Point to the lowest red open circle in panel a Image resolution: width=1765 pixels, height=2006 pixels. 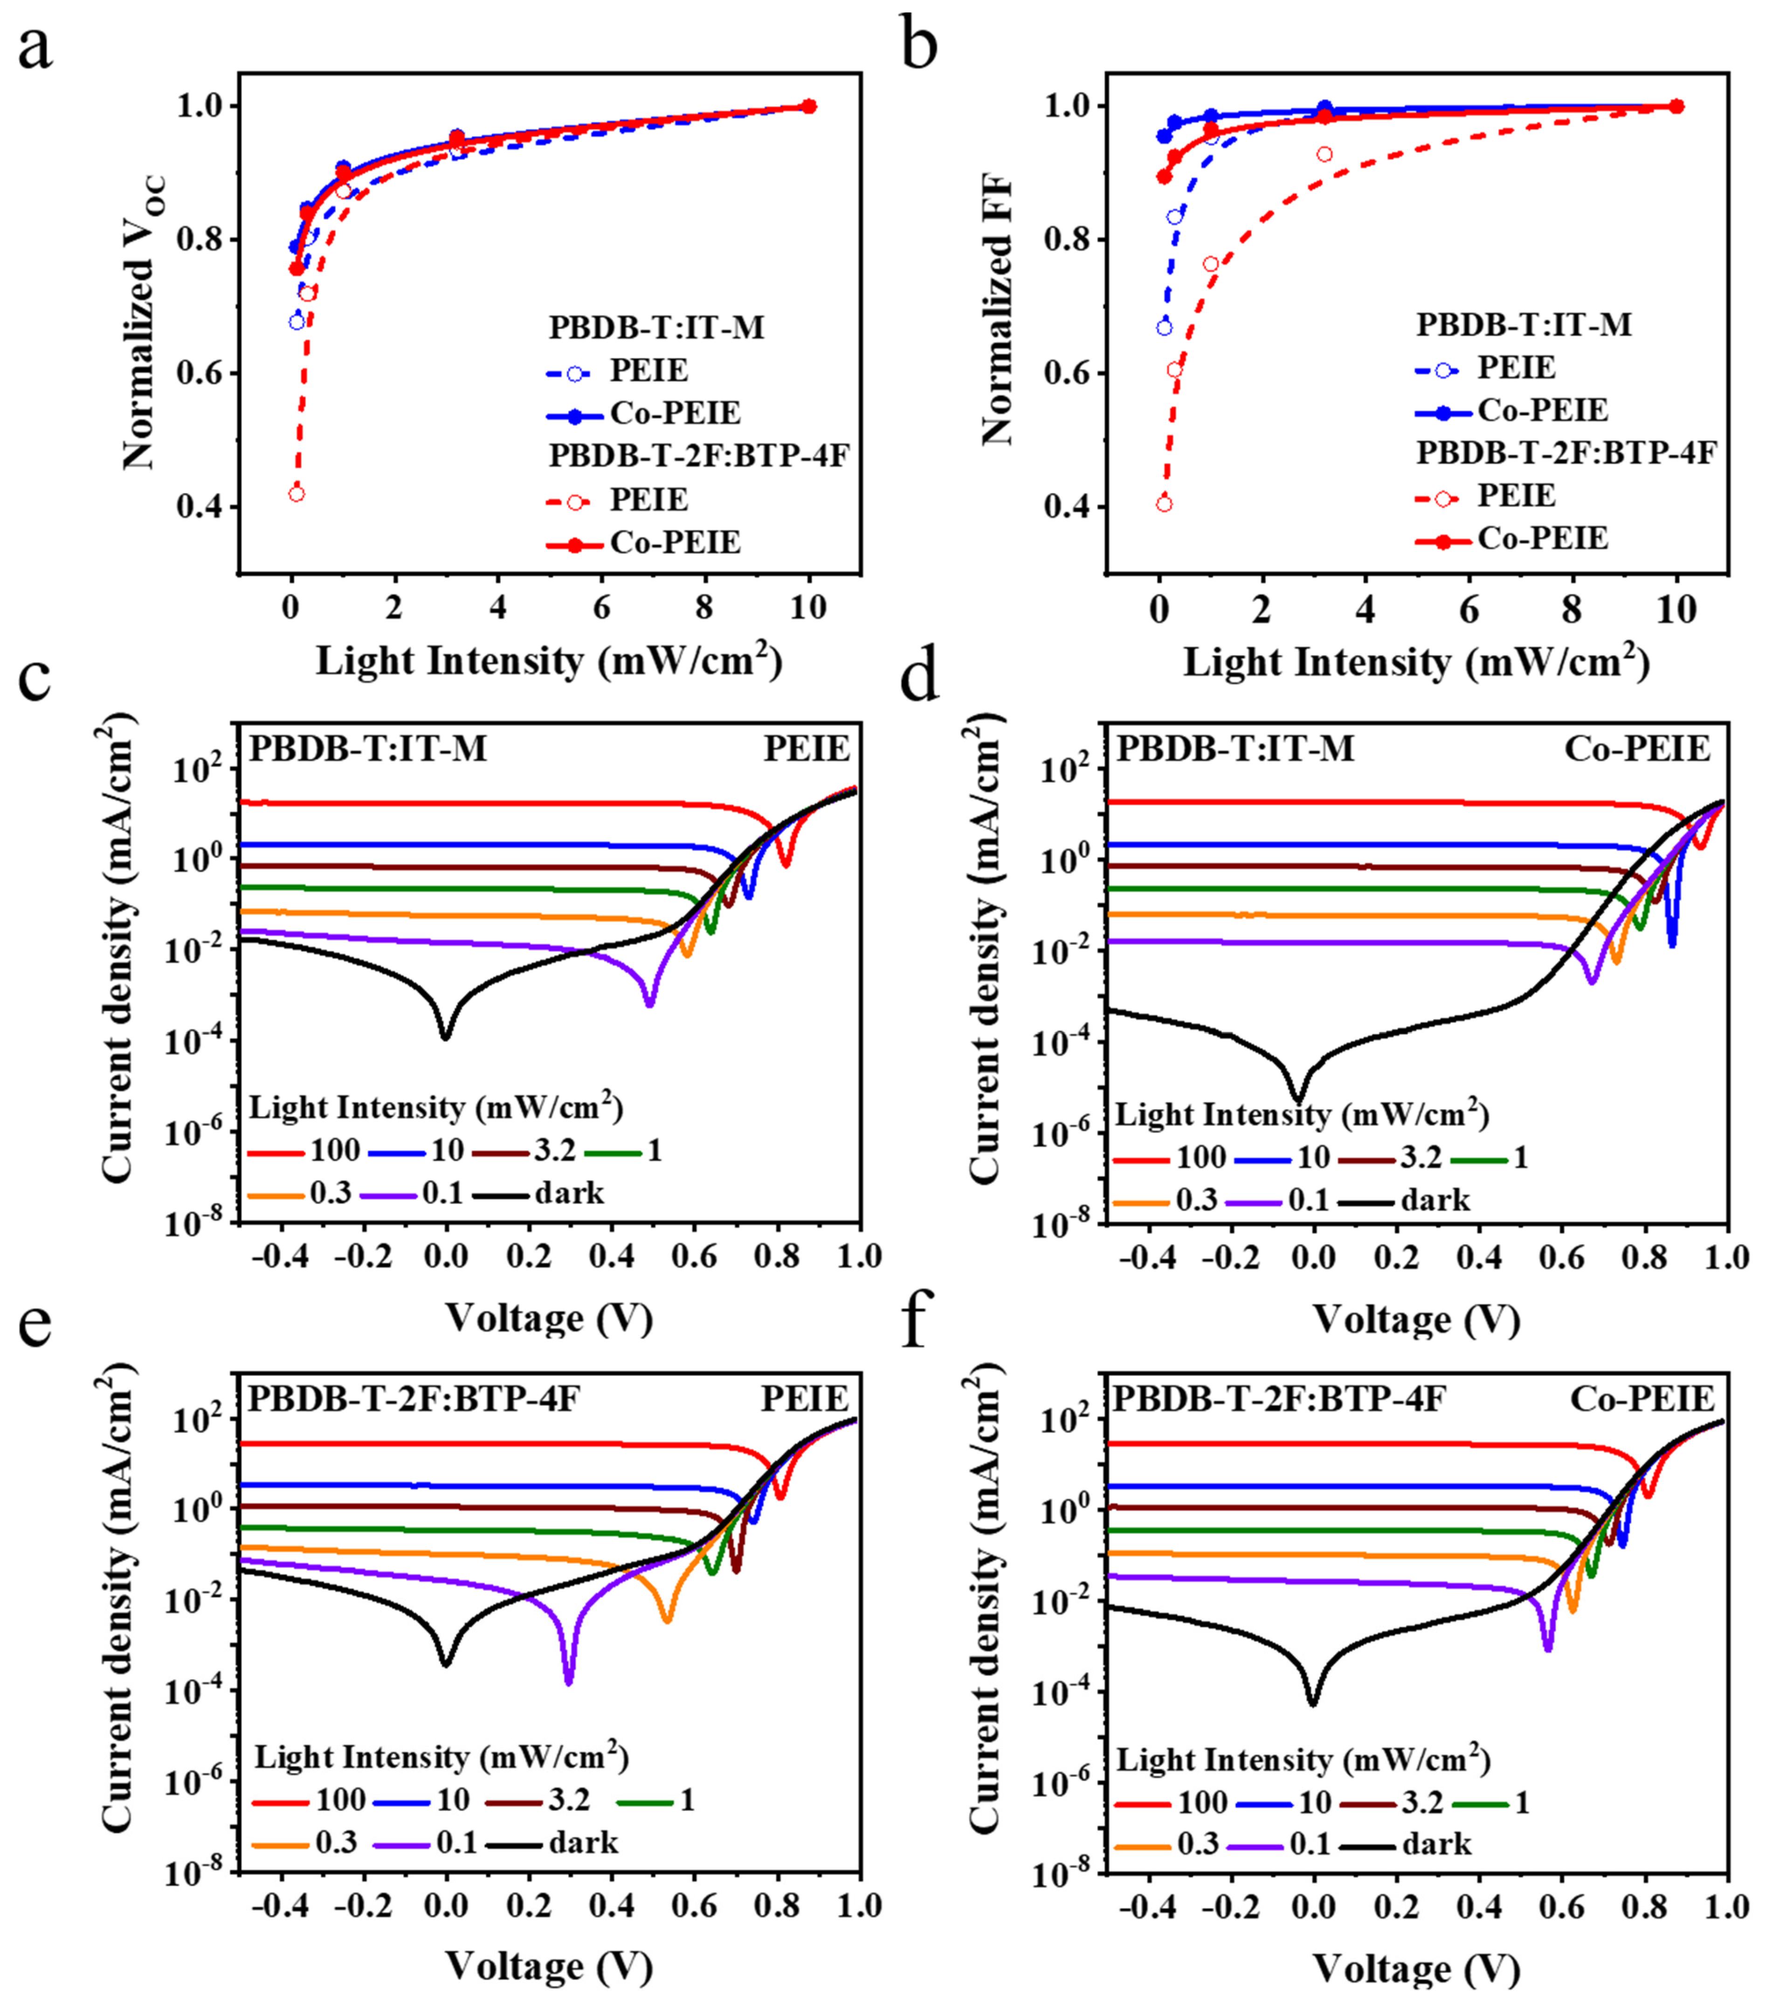point(296,494)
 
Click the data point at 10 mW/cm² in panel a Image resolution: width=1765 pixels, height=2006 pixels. point(809,106)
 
